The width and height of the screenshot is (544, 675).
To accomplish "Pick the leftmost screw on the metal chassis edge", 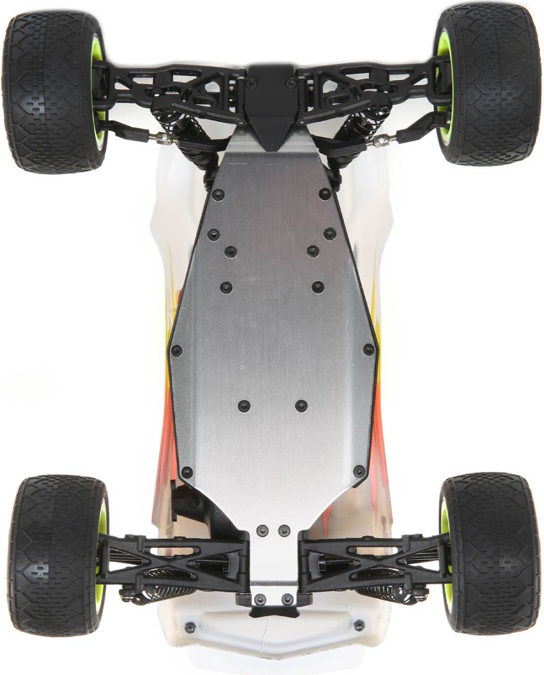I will [x=176, y=351].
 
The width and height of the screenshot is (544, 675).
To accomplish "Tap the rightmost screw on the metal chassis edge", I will [x=369, y=349].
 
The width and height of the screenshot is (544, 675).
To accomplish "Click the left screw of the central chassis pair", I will [x=244, y=405].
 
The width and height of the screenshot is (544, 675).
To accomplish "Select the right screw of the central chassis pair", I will [x=301, y=405].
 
